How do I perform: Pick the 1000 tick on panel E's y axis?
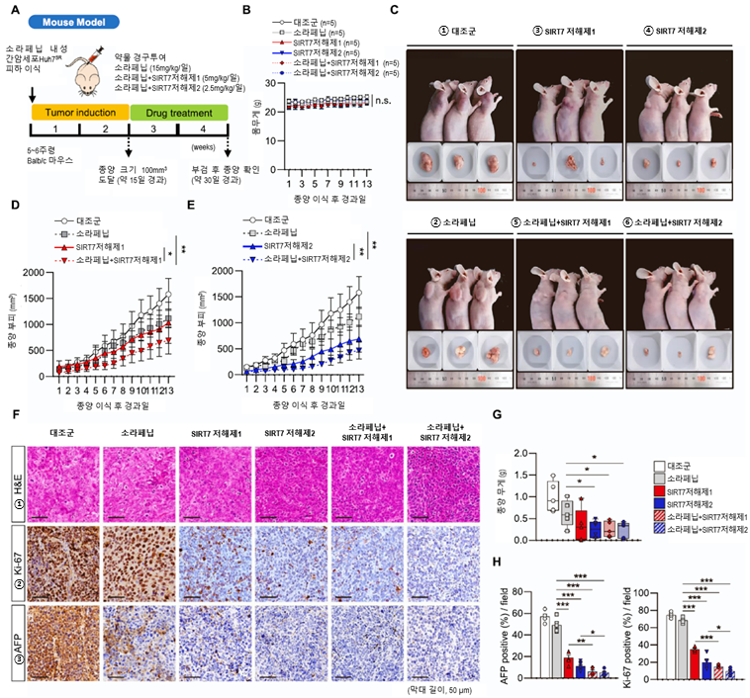(x=237, y=319)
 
